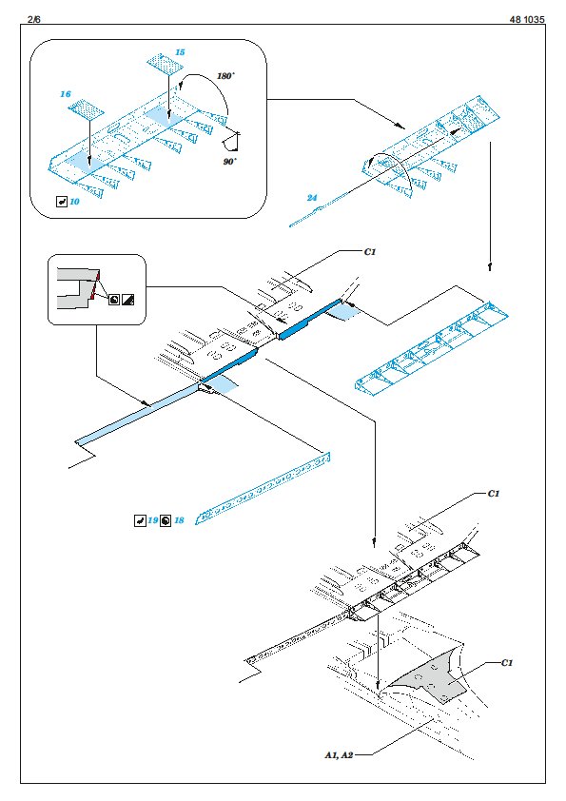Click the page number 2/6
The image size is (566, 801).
33,19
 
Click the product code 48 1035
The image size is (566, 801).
527,19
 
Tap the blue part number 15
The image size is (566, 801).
180,52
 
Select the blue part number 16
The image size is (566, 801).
66,94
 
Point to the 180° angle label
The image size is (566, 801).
225,76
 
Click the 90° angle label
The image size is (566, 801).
230,162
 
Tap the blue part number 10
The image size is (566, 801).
74,202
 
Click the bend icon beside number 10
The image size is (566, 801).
62,202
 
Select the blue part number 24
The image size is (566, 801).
312,198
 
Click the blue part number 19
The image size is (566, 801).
153,520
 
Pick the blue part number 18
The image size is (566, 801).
179,520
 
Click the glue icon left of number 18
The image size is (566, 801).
166,520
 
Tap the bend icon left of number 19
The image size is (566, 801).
140,520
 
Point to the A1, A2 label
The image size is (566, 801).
339,755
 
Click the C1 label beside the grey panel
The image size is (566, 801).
506,662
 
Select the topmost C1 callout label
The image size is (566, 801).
369,252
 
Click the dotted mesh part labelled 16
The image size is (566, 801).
86,109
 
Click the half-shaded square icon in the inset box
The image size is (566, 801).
127,300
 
